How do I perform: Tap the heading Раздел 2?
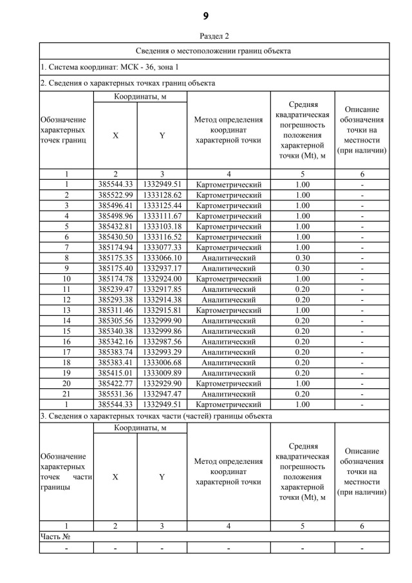[206, 36]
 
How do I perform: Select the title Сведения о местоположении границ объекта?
[213, 50]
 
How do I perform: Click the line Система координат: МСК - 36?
[110, 66]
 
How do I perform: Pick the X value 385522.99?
[115, 195]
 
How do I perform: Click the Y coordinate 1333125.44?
[162, 205]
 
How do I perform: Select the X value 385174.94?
[115, 247]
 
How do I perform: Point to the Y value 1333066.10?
[162, 258]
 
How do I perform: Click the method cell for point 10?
[229, 278]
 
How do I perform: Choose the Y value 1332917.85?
[162, 289]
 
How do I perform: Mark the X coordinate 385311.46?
[115, 310]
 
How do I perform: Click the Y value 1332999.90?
[162, 320]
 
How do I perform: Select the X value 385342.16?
[115, 341]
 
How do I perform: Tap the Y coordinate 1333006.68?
[162, 362]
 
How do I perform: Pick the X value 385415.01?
[115, 372]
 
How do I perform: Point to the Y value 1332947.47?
[162, 394]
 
